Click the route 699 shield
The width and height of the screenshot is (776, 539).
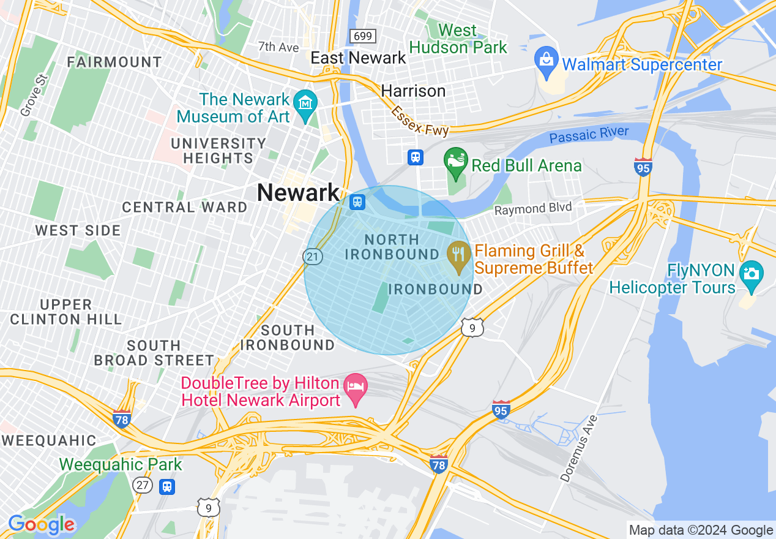coord(362,36)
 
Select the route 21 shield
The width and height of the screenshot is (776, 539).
coord(313,256)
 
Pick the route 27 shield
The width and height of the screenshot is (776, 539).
coord(142,485)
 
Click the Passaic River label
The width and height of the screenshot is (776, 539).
coord(589,135)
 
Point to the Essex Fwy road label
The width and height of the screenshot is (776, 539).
coord(420,121)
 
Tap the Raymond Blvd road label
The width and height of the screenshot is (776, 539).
coord(533,208)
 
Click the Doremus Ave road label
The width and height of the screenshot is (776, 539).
coord(578,448)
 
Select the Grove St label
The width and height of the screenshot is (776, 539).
coord(34,95)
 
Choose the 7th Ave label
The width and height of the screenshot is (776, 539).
coord(278,47)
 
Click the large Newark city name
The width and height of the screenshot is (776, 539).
coord(298,192)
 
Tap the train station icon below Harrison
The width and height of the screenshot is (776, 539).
coord(416,157)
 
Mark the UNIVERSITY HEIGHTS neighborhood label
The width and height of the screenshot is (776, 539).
coord(219,151)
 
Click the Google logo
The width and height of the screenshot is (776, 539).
coord(42,524)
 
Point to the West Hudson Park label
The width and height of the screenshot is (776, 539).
coord(458,39)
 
